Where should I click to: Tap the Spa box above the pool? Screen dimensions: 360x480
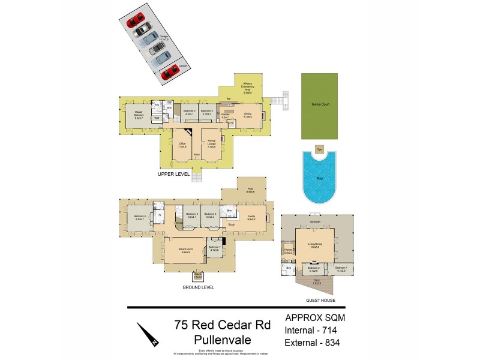(x=320, y=148)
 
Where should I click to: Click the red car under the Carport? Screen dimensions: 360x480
(x=170, y=71)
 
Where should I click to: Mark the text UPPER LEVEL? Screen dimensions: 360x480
(x=174, y=174)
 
